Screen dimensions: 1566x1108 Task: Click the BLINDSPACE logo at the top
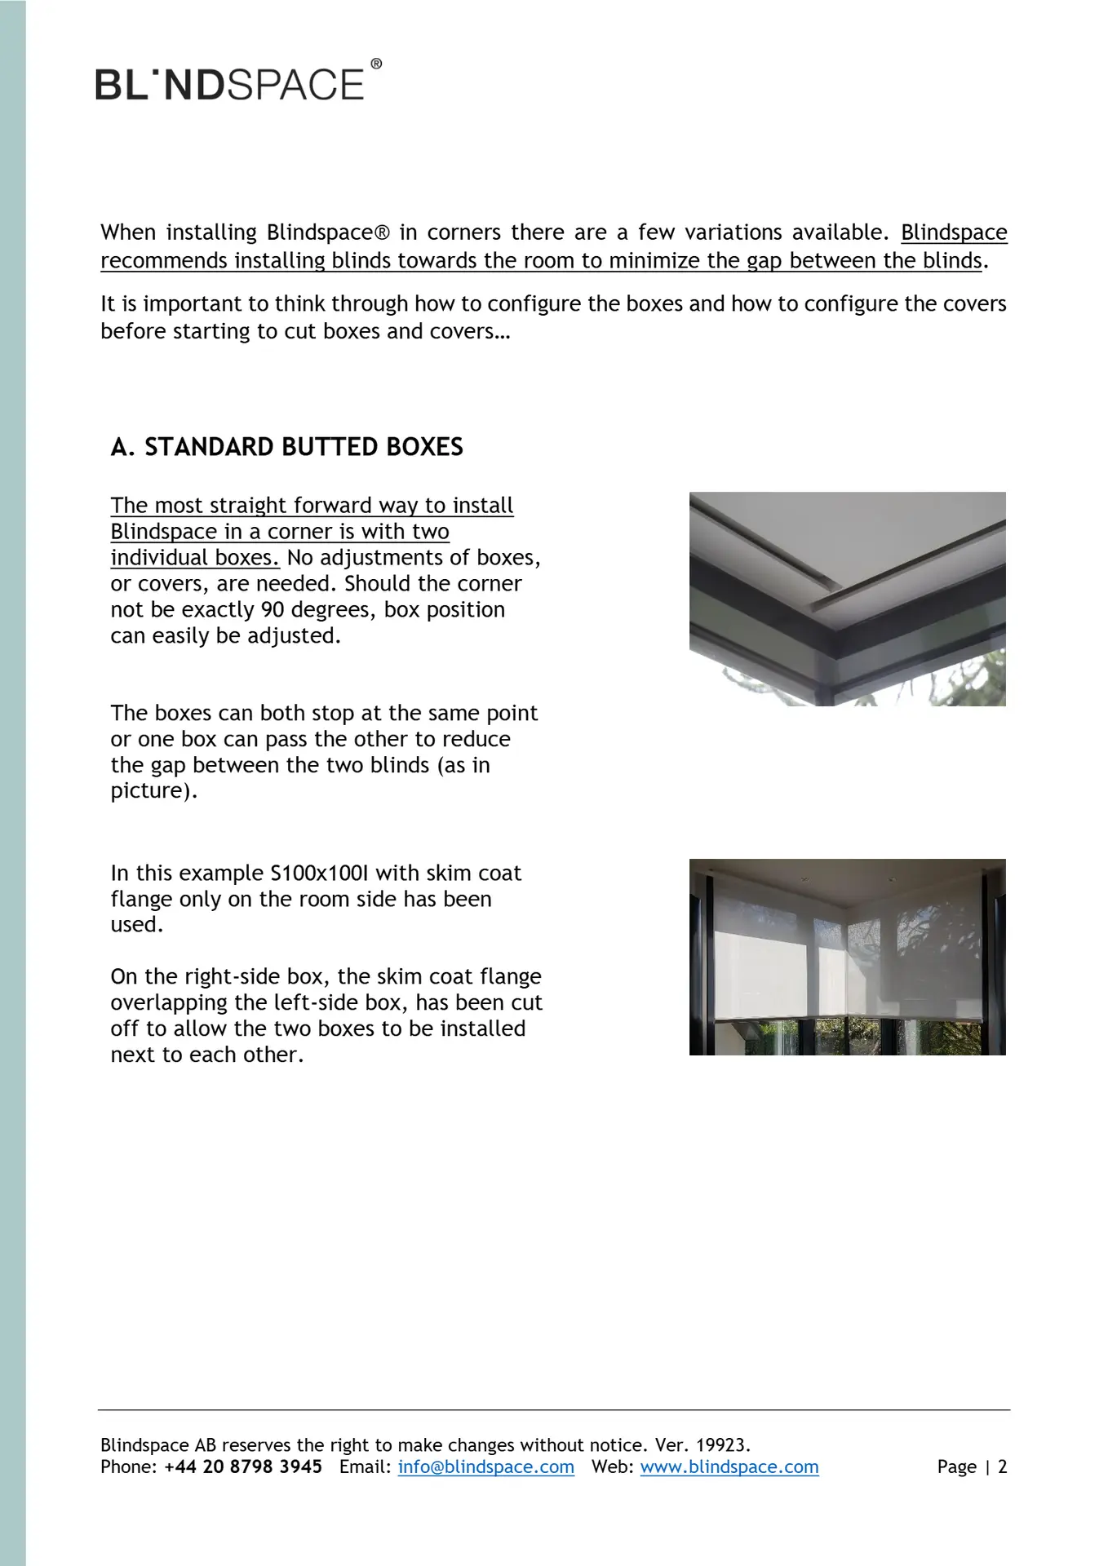coord(230,85)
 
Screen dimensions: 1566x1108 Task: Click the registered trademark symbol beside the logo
coord(376,64)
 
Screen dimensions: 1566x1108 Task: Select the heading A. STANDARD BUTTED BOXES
coord(286,447)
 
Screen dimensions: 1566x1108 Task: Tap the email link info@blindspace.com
coord(485,1466)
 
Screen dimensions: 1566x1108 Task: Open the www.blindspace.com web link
coord(729,1466)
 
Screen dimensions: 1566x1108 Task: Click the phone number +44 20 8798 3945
coord(243,1466)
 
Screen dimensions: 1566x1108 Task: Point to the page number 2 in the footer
coord(1003,1466)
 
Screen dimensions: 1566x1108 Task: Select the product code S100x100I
coord(319,873)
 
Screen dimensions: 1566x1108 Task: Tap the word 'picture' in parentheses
coord(151,790)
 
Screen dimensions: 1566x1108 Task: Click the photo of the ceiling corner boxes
coord(847,599)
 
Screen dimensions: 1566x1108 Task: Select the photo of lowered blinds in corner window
coord(847,957)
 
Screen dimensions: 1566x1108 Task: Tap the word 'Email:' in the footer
coord(363,1466)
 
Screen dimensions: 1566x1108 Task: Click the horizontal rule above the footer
coord(553,1409)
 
